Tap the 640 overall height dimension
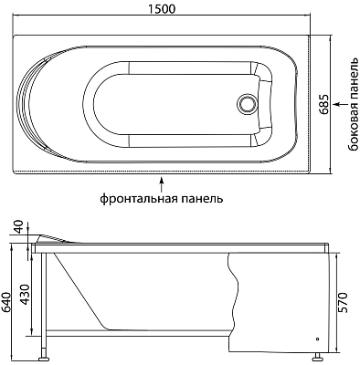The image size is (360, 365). tap(8, 299)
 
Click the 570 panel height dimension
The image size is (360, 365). tap(344, 301)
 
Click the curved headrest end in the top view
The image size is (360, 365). tap(37, 103)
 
